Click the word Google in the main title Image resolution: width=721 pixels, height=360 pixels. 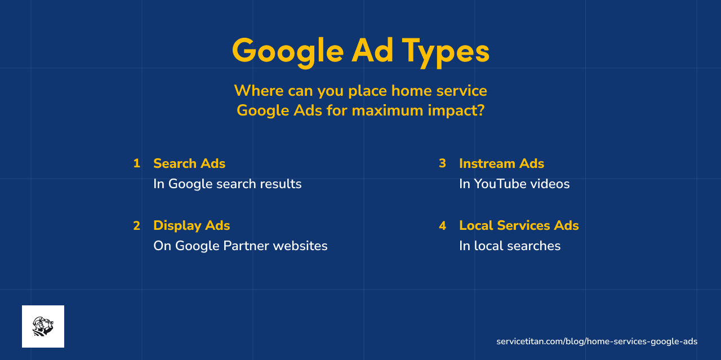(287, 51)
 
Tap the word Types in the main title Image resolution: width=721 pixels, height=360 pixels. (446, 51)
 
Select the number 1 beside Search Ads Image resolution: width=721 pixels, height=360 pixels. (136, 163)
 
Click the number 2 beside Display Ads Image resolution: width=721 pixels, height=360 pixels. (136, 225)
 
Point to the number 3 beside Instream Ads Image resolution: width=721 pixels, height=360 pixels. (442, 163)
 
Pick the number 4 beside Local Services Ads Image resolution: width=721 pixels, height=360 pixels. (442, 225)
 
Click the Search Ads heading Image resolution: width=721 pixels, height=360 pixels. (189, 163)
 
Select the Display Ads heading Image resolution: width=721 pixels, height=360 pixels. (192, 225)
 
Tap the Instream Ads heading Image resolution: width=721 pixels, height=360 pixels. (501, 163)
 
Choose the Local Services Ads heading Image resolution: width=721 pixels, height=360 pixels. (519, 225)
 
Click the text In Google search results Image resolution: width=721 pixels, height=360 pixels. (227, 184)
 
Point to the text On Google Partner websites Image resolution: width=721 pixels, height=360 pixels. (240, 246)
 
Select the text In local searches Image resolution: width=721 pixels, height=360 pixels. (510, 246)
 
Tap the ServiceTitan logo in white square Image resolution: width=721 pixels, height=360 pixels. (43, 326)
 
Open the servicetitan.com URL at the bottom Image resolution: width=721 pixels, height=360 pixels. (597, 341)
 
